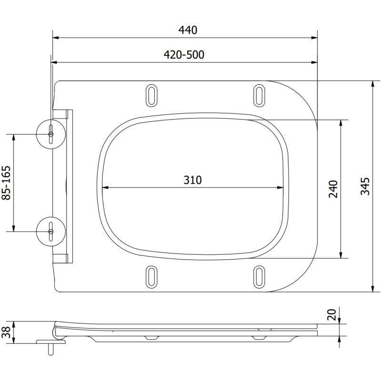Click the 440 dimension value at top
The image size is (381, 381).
pos(188,30)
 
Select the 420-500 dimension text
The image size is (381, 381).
pos(184,55)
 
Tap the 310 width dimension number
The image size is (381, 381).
pos(193,180)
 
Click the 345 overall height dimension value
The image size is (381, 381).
pos(365,186)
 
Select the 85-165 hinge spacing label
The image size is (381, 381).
pos(6,183)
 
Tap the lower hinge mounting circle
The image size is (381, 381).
pos(51,231)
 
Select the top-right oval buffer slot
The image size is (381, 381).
pos(259,95)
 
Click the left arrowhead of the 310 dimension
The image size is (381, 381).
pos(106,188)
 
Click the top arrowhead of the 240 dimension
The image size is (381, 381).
pos(341,122)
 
